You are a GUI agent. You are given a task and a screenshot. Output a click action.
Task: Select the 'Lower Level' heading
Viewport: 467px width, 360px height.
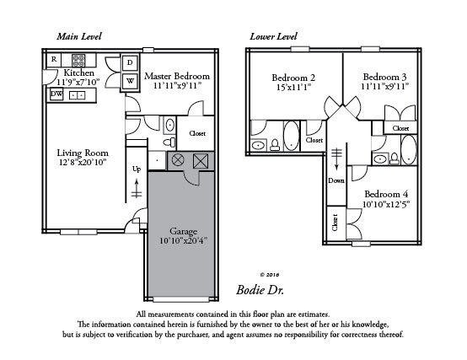click(x=272, y=37)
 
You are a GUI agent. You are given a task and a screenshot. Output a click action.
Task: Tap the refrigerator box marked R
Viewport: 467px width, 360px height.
click(x=54, y=60)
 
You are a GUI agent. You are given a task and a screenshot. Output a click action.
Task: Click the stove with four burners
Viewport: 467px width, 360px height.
click(x=79, y=60)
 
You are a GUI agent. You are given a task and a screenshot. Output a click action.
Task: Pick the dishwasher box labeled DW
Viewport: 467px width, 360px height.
click(x=56, y=94)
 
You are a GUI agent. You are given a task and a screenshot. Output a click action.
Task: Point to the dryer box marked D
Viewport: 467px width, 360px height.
click(x=130, y=62)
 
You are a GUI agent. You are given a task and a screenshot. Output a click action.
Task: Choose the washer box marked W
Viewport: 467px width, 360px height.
click(x=130, y=82)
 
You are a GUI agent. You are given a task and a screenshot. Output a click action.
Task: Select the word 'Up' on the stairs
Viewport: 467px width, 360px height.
click(x=137, y=169)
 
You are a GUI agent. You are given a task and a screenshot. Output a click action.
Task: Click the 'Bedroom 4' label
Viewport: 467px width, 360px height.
click(x=388, y=192)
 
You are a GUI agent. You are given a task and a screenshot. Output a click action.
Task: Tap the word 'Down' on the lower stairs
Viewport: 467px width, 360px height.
click(x=337, y=180)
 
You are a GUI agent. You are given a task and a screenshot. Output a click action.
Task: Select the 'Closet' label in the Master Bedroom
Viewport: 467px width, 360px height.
click(x=197, y=133)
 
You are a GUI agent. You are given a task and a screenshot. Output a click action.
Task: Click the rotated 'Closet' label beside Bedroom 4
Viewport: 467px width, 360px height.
click(x=335, y=223)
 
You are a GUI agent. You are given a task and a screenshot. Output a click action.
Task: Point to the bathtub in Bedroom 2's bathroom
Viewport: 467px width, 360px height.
click(x=290, y=135)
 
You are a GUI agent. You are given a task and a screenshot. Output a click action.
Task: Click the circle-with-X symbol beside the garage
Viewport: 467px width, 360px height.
click(x=178, y=160)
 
